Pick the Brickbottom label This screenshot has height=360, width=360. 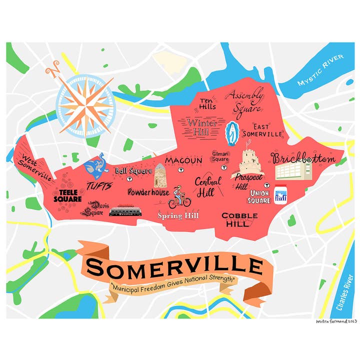(303, 159)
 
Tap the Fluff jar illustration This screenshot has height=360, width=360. (279, 195)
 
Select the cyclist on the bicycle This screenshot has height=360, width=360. (179, 197)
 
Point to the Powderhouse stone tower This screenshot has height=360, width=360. (160, 175)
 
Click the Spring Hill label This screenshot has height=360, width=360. (178, 216)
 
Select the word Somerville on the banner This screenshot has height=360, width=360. (175, 268)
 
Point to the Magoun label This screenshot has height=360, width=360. (183, 160)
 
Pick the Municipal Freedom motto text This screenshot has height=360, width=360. (173, 289)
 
